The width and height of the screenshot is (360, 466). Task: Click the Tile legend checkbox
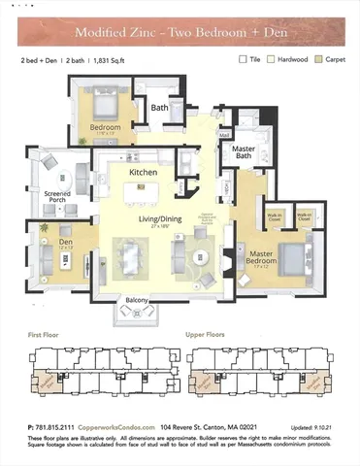point(244,59)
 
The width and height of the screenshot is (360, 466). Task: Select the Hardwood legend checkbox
point(273,59)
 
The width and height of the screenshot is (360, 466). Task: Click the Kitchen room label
point(144,172)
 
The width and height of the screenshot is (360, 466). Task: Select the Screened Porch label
point(49,202)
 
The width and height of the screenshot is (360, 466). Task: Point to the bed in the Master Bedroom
point(289,257)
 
